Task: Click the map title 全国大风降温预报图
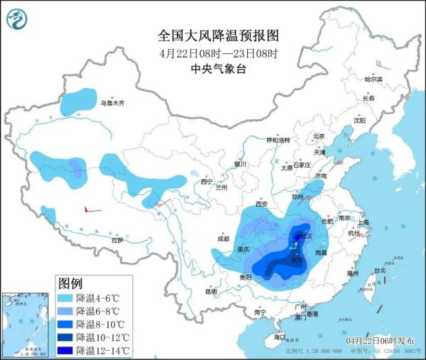tap(213, 35)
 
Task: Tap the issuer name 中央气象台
tap(213, 69)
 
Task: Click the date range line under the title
tap(213, 53)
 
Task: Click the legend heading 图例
tap(72, 283)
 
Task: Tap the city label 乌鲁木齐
tap(111, 104)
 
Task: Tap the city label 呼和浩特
tap(278, 141)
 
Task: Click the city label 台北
tap(379, 271)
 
